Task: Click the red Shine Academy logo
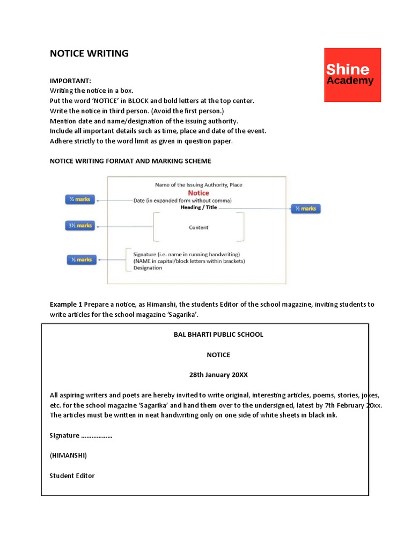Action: point(352,75)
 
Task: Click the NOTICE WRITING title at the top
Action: point(89,53)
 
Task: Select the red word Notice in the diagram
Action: point(198,193)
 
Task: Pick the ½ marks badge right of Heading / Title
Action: point(305,208)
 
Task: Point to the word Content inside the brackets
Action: point(198,227)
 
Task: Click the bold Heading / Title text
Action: point(198,207)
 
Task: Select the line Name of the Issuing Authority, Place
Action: point(198,185)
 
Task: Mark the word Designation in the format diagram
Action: point(147,268)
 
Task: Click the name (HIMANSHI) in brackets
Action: point(68,455)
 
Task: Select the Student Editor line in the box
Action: point(72,476)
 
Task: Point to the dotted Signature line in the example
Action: point(81,435)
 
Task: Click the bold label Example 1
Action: point(66,304)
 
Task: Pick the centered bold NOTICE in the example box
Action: point(218,355)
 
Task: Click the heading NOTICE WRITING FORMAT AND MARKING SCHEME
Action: point(130,161)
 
